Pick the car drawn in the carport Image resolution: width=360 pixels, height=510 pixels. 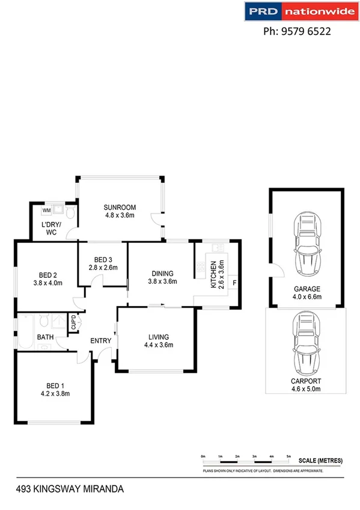307,343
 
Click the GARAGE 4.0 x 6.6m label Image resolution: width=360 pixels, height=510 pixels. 307,292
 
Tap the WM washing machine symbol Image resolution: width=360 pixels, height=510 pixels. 46,210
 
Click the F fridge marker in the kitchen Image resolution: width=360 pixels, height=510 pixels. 234,283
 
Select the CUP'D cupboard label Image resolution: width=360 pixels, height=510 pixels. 73,322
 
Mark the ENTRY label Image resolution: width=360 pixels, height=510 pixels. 100,341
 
